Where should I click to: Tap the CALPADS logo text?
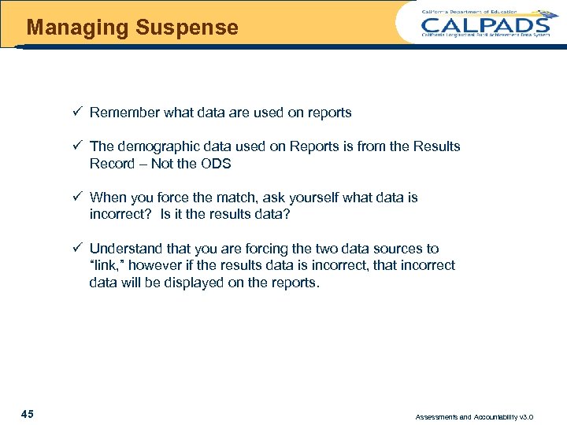[x=486, y=24]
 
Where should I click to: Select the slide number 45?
[x=28, y=414]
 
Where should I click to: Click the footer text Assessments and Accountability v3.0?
[x=474, y=416]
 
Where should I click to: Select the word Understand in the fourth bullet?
[x=124, y=249]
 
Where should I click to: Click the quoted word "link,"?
[x=106, y=265]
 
